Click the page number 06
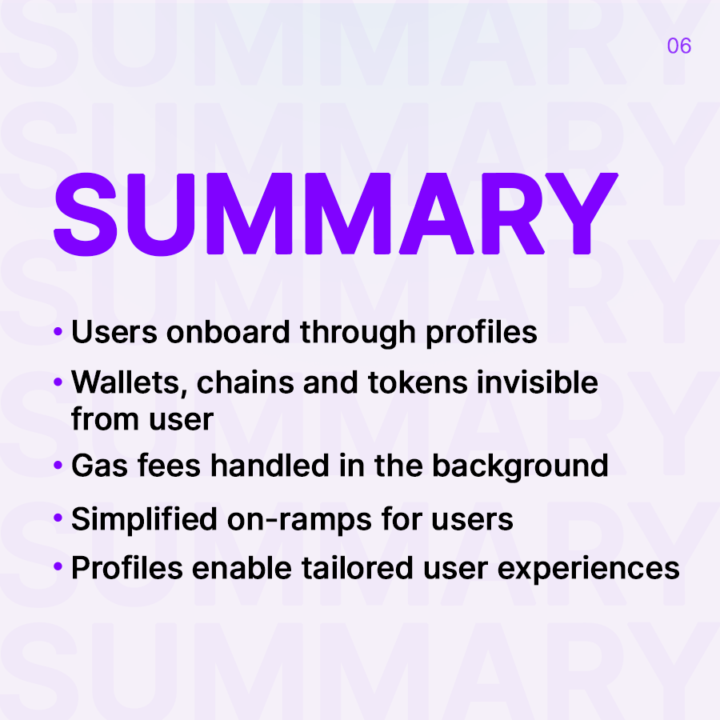click(678, 46)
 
